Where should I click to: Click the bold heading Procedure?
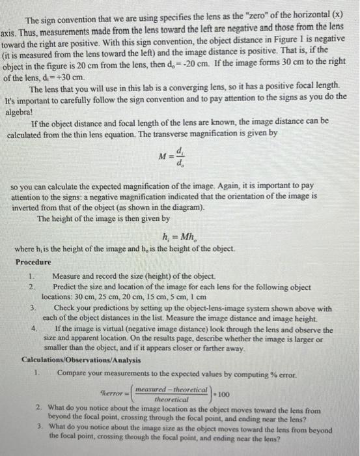point(33,262)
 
